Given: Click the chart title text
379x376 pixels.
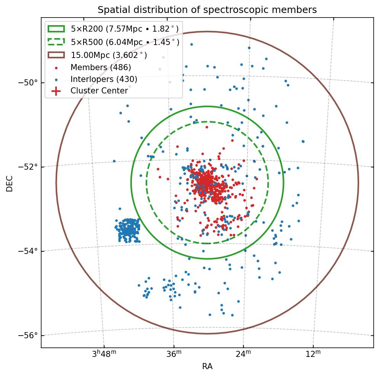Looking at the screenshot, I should click(207, 10).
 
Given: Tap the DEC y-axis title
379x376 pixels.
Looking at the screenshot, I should click(10, 183).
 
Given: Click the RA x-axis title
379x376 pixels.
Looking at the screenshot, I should click(207, 367).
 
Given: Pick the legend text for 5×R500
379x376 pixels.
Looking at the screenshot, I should click(125, 42).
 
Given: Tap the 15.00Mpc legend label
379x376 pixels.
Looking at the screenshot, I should click(109, 55).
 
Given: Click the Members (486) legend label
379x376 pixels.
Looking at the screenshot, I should click(101, 67).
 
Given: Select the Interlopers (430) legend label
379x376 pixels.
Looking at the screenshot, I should click(104, 79).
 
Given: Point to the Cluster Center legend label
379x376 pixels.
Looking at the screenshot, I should click(99, 91).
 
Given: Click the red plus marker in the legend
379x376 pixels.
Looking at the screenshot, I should click(56, 91).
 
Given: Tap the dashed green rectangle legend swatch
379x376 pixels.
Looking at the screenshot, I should click(56, 42).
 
